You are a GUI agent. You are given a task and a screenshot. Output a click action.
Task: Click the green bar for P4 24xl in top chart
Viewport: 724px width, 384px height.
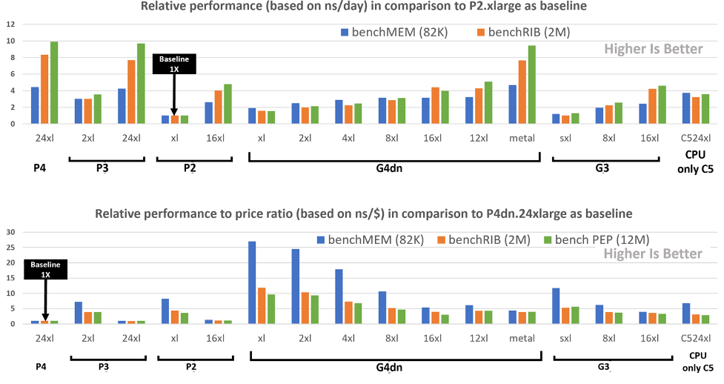pos(54,83)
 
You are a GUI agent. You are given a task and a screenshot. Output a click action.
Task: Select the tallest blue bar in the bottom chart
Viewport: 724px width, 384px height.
pos(252,282)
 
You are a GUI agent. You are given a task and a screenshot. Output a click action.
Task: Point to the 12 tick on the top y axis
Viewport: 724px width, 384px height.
pos(10,24)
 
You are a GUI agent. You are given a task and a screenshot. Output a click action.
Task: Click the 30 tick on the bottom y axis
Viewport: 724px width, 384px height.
pos(10,231)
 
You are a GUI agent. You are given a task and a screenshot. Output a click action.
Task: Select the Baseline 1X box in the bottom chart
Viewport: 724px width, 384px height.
pos(45,269)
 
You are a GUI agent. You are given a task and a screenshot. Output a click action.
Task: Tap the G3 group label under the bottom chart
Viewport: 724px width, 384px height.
pos(603,366)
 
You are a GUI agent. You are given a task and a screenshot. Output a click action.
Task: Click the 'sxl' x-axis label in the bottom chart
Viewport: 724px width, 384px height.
pos(565,337)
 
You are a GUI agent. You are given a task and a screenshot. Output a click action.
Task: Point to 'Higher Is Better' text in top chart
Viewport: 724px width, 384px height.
pos(653,50)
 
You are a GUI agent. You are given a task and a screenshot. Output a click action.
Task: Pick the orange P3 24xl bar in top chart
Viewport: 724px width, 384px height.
pos(131,92)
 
